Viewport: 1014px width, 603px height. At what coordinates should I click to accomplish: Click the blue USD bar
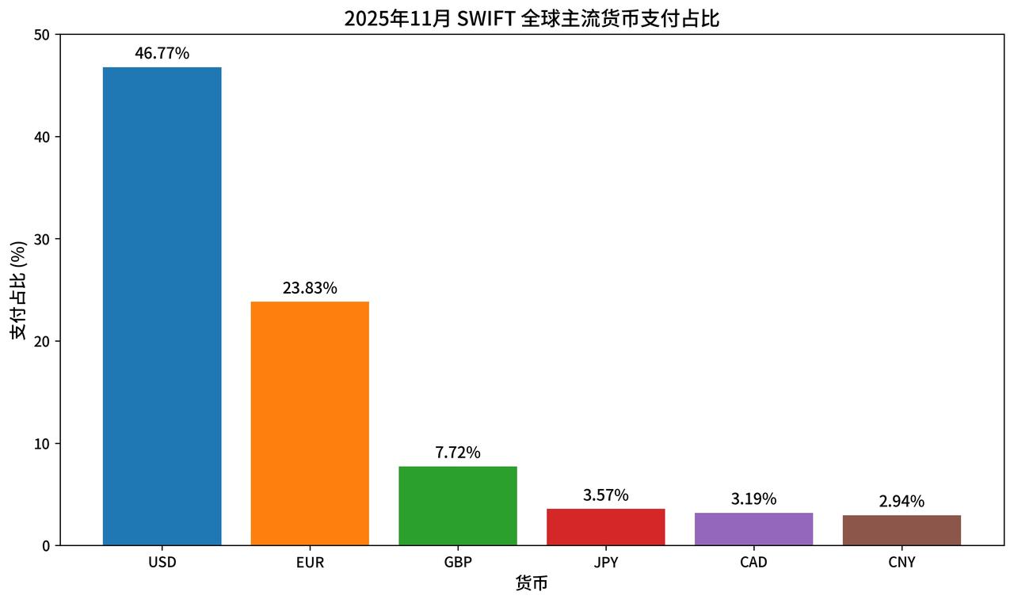tap(162, 306)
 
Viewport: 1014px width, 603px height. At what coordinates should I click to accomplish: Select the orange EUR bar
tap(310, 423)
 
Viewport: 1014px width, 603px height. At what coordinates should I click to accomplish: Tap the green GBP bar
tap(458, 506)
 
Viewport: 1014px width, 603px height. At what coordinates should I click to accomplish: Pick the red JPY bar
tap(605, 527)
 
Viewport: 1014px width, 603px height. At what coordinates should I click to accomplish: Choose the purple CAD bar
tap(753, 529)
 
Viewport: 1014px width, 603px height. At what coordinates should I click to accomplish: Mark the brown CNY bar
tap(902, 530)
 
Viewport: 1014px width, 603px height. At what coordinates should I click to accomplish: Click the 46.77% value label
tap(162, 54)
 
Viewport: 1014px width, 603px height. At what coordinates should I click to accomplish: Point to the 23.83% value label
tap(310, 288)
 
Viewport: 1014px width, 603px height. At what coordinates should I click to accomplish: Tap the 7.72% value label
tap(458, 453)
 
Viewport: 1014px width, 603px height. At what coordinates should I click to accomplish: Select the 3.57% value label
tap(605, 495)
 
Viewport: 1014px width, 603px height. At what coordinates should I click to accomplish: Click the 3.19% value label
tap(753, 499)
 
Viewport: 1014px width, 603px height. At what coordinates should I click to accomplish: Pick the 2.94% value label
tap(902, 502)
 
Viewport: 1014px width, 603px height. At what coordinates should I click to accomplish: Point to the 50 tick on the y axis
tap(41, 35)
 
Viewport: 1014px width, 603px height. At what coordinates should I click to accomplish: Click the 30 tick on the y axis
tap(41, 239)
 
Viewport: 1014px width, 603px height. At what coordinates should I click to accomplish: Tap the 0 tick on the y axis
tap(45, 545)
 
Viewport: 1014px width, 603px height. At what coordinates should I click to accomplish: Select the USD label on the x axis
tap(162, 563)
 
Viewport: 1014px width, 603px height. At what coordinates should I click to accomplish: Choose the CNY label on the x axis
tap(902, 563)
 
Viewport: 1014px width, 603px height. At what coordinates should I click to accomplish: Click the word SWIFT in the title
tap(486, 17)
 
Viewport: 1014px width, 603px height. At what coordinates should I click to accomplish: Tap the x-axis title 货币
tap(532, 585)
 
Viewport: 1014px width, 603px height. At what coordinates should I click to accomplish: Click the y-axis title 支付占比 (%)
tap(18, 290)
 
